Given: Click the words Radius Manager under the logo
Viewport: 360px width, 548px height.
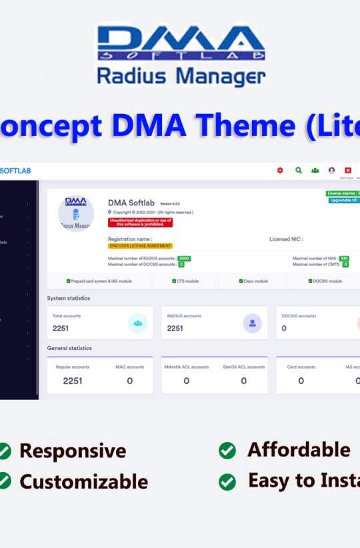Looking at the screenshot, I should coord(181,75).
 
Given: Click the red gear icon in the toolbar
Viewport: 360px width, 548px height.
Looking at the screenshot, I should coord(280,171).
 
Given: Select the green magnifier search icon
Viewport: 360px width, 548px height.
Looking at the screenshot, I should coord(298,171).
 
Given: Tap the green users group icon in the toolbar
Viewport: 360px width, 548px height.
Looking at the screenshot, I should coord(315,171).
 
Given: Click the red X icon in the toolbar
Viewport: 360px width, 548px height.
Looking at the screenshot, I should coord(347,171).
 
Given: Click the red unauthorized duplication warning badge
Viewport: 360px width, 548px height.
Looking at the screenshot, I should coord(140,223).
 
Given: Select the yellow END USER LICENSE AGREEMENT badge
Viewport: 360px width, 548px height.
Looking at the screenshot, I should coord(140,246).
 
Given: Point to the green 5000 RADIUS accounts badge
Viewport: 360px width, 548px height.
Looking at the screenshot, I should coord(184,258).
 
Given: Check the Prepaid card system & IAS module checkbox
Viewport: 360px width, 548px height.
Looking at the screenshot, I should coord(69,281).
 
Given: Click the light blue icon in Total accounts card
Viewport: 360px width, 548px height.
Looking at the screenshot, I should coord(138,323).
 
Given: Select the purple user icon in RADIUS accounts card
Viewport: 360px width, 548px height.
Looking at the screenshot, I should coord(252,323).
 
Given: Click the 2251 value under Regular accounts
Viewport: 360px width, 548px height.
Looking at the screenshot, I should coord(73,381).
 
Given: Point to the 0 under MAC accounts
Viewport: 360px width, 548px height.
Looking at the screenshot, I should coord(129,381).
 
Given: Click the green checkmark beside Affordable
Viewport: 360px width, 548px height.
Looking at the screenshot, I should coord(227,451).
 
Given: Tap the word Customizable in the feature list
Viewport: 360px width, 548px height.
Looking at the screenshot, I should coord(84,481).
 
